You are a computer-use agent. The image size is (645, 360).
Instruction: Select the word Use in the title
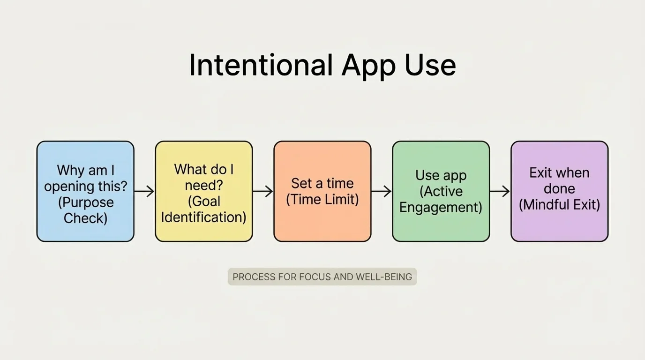point(430,65)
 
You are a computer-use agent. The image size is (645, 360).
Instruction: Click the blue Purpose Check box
point(85,191)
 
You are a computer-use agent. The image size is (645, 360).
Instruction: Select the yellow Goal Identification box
point(204,191)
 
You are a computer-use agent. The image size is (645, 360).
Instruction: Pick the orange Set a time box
point(322,191)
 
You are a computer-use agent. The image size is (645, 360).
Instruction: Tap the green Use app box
point(441,191)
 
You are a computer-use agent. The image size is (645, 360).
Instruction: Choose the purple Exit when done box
point(559,191)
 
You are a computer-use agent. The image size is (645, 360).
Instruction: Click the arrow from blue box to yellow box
point(144,191)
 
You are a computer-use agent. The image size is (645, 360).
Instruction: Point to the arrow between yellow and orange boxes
point(263,191)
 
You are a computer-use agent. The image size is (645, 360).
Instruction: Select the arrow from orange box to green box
point(382,191)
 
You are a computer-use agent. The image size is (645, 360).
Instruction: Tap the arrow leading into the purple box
point(500,191)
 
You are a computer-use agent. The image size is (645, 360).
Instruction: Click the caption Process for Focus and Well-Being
point(322,277)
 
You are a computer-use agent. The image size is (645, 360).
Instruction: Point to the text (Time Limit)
point(322,199)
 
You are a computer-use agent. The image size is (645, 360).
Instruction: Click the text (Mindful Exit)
point(559,205)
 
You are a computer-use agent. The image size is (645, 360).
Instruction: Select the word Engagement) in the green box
point(441,207)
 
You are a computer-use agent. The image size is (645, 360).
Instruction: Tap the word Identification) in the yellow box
point(204,217)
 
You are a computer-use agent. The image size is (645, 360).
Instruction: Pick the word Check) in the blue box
point(85,218)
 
